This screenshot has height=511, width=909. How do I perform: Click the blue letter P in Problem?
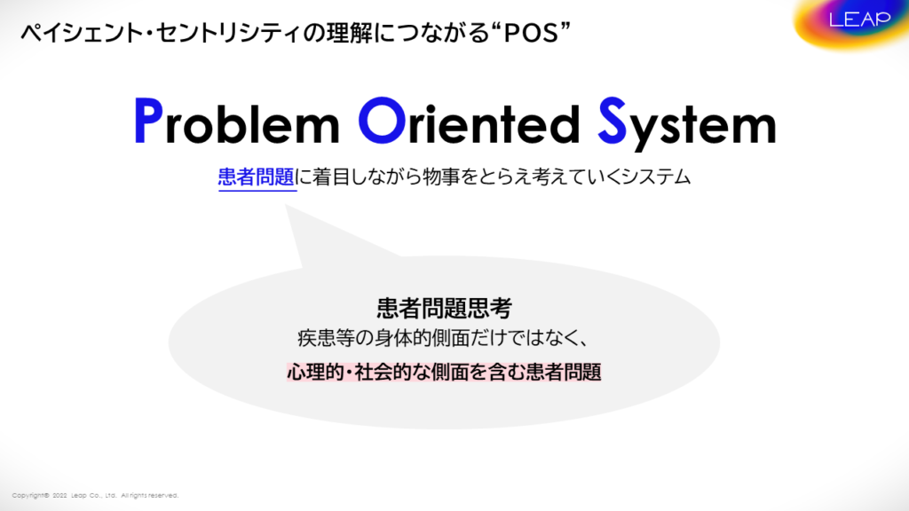[x=148, y=121]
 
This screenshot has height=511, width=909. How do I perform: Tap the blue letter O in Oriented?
[x=382, y=121]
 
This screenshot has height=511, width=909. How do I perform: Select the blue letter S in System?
[x=613, y=121]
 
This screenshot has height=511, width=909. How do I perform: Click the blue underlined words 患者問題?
[x=257, y=177]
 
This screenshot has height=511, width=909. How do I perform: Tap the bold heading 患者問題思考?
[x=444, y=308]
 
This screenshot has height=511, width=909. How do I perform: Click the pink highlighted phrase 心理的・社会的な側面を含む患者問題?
[x=444, y=372]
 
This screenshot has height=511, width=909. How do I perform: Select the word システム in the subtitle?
[x=656, y=177]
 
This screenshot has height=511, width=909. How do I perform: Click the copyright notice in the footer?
[x=95, y=495]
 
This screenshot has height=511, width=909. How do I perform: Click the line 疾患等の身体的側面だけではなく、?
[x=444, y=338]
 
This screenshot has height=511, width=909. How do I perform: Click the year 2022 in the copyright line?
[x=59, y=495]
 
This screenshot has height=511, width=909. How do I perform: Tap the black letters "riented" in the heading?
[x=494, y=122]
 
